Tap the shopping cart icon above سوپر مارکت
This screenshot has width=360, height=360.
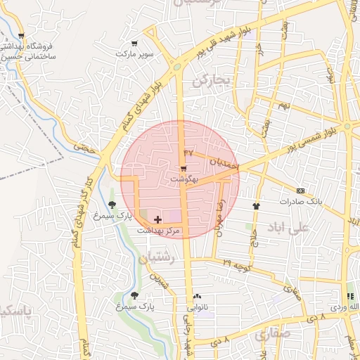coord(124,42)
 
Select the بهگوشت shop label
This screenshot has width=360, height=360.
coord(185,179)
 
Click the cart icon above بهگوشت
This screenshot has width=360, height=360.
coord(184,169)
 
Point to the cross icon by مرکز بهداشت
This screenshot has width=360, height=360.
coord(157,220)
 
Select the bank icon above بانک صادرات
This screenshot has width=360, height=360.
coord(300,191)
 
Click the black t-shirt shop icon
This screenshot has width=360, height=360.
coord(256,206)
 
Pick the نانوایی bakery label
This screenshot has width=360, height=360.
coord(196,307)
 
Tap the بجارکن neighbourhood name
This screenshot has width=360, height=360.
coord(212,81)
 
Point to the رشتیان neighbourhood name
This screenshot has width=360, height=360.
coord(156,258)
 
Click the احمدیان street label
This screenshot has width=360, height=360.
coord(224,163)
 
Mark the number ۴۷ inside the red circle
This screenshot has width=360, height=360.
coord(188,152)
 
